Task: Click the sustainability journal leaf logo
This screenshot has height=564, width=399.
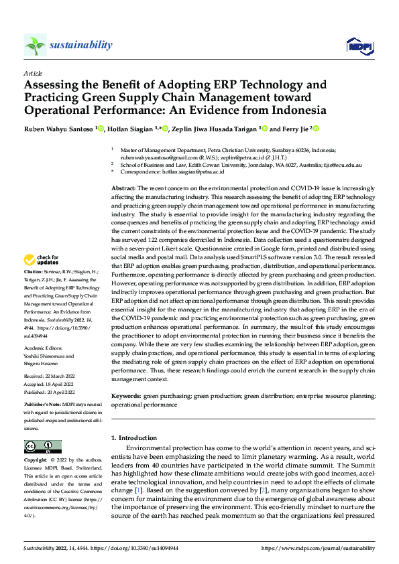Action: pos(35,45)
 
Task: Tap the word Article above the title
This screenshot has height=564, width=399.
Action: pos(33,72)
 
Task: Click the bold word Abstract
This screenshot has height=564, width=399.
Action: pos(123,190)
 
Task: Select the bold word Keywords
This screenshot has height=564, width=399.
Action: pos(126,397)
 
